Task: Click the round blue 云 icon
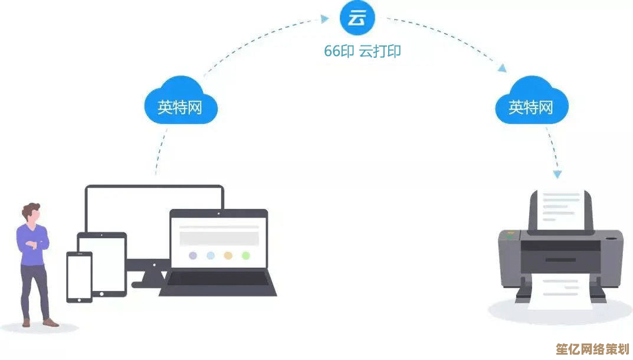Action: tap(358, 17)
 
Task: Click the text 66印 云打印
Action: tap(362, 51)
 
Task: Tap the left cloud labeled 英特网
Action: tap(181, 100)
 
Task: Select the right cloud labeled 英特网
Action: tap(532, 100)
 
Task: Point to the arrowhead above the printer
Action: tap(557, 174)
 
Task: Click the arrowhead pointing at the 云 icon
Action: tap(324, 18)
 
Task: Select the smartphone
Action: tap(80, 277)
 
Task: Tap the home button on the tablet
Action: tap(101, 294)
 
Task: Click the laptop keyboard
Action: tap(218, 279)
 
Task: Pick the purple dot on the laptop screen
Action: tap(193, 256)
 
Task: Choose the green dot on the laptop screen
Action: tap(246, 256)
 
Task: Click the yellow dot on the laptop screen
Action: tap(228, 256)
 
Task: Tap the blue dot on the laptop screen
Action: tap(211, 256)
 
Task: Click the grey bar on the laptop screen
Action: tap(219, 238)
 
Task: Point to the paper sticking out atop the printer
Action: tap(561, 210)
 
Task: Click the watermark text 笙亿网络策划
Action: tap(592, 349)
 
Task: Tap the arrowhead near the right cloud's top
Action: tap(502, 68)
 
